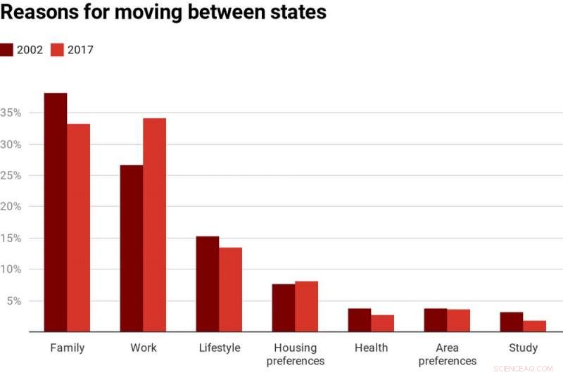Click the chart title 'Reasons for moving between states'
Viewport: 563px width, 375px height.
[163, 13]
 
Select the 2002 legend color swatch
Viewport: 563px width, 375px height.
[7, 50]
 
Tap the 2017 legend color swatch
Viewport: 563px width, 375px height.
[58, 50]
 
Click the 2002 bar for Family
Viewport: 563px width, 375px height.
[56, 212]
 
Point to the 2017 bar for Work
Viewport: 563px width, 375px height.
[154, 224]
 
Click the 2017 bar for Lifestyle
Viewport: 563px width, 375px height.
[230, 289]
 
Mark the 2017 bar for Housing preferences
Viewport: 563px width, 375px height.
[306, 306]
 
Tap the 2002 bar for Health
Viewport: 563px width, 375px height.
[360, 319]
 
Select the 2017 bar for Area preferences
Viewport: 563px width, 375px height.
[458, 320]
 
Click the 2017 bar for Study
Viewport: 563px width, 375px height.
[534, 326]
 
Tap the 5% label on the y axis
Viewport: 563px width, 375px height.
[13, 300]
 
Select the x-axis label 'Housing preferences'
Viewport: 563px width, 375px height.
[296, 354]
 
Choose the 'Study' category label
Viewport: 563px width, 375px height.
[523, 348]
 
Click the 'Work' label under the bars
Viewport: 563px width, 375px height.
[144, 348]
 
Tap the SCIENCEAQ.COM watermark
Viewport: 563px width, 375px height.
[524, 367]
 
